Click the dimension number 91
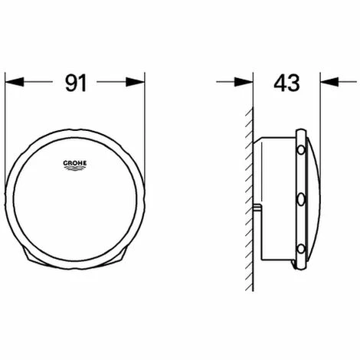[x=75, y=82]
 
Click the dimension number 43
[x=288, y=82]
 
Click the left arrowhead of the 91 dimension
[x=12, y=82]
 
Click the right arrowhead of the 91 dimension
[x=139, y=82]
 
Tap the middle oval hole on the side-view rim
[x=302, y=201]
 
